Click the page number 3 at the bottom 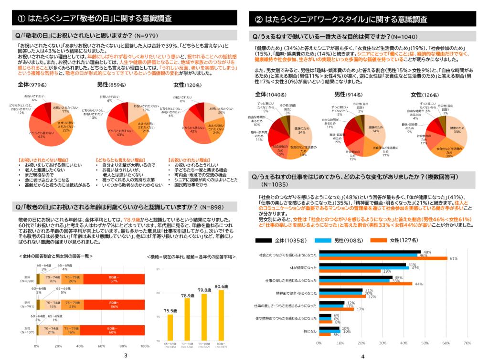tap(125, 355)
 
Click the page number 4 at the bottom tap(362, 356)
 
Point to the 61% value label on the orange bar tap(454, 258)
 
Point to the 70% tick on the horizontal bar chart tap(468, 342)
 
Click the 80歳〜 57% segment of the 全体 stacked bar tap(114, 279)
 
